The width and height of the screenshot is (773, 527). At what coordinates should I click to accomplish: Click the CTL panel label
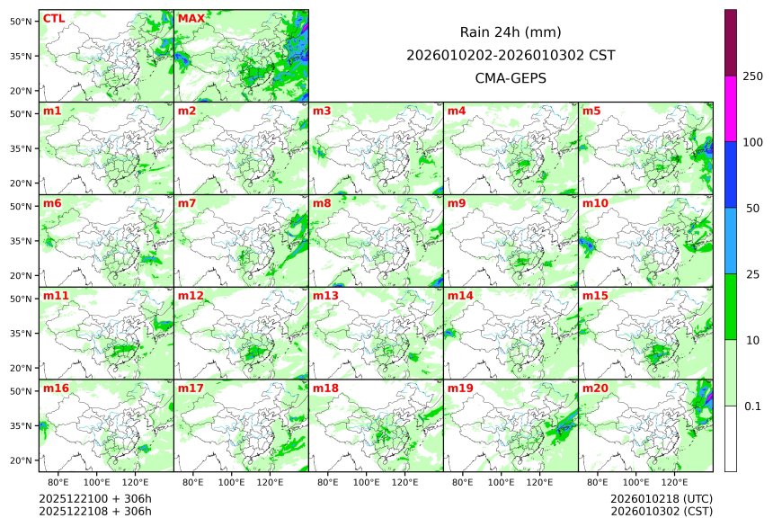point(54,19)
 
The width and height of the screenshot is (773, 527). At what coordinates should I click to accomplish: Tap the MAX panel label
point(191,19)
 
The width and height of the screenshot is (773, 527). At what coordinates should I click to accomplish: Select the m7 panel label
point(186,203)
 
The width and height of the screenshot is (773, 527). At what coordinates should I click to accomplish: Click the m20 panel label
point(595,389)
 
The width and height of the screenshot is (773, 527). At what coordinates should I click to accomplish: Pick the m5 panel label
point(591,112)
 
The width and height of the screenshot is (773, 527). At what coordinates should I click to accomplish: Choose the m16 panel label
point(55,389)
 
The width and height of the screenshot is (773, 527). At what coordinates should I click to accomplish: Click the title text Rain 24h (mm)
point(511,31)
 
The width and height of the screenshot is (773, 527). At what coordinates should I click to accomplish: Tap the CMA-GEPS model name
point(511,78)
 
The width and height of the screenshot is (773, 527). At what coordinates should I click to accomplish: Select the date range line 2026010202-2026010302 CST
point(511,55)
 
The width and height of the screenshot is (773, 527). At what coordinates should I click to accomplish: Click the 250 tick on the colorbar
point(752,76)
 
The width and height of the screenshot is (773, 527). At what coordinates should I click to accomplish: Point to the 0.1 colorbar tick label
point(752,406)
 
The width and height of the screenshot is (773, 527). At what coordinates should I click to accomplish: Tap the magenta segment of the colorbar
point(731,108)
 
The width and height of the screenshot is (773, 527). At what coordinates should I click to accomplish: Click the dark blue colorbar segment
point(731,174)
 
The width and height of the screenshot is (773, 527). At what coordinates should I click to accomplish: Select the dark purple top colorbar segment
point(731,42)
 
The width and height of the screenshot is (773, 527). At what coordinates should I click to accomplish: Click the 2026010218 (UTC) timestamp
point(661,498)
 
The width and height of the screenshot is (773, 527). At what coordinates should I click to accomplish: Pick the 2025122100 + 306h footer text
point(95,498)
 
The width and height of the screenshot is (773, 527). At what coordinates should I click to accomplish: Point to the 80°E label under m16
point(58,483)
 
